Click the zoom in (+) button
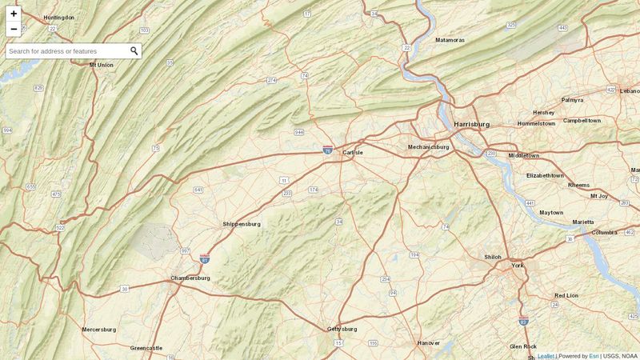coord(14,14)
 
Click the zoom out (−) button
coord(14,30)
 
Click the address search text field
coord(66,51)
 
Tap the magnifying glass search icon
coord(134,51)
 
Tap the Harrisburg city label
coord(471,125)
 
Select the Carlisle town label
coord(353,152)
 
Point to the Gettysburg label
coord(342,329)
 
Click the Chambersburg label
coord(190,278)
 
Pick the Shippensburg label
coord(242,224)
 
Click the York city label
coord(517,265)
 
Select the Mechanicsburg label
coord(428,146)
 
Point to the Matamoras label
coord(450,39)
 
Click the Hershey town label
coord(543,112)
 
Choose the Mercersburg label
coord(98,329)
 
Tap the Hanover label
coord(429,342)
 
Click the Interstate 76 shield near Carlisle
coord(328,150)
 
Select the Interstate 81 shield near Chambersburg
coord(206,258)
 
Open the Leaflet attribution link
coord(546,356)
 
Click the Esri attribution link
coord(594,356)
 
